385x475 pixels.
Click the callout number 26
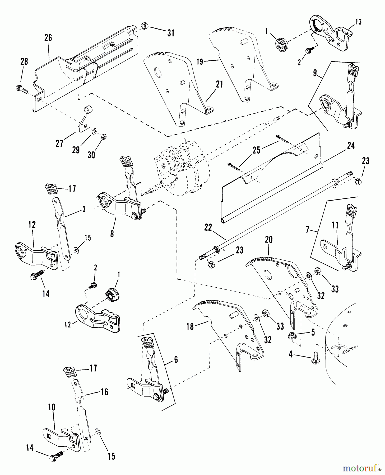48,38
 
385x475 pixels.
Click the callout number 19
200,62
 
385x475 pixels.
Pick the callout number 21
219,85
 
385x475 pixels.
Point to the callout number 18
190,327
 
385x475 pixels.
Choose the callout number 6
176,359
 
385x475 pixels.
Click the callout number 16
105,392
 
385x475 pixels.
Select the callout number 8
112,234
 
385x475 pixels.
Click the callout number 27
59,143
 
